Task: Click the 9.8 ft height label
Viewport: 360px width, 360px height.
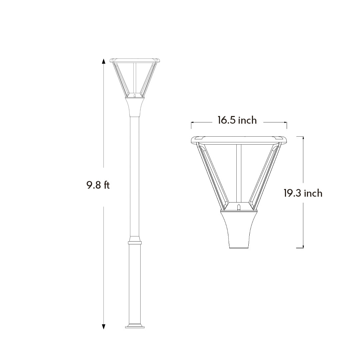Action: click(98, 185)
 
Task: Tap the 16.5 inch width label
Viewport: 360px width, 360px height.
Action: click(237, 120)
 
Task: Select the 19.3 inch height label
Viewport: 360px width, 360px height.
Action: click(303, 193)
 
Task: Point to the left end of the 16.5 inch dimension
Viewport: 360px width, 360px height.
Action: click(192, 123)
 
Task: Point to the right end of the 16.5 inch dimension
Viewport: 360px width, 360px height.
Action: click(286, 123)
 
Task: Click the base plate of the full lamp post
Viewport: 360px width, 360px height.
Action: click(135, 326)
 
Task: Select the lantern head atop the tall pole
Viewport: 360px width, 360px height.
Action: click(135, 78)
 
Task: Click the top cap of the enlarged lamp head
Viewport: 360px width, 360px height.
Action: click(239, 139)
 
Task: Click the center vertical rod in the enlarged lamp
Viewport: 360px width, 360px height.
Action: click(239, 173)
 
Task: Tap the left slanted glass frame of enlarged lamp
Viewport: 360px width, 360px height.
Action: click(212, 175)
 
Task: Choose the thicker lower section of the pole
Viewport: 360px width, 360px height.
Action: click(135, 283)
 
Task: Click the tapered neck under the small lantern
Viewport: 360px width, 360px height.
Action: click(135, 106)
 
